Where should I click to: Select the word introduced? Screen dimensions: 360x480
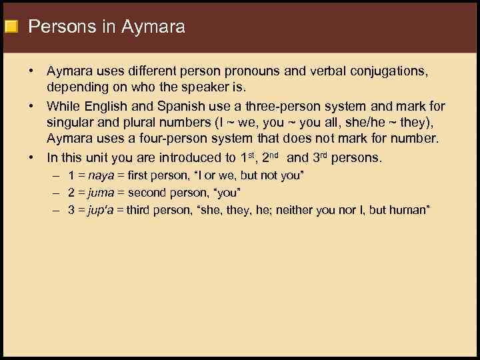coord(184,158)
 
